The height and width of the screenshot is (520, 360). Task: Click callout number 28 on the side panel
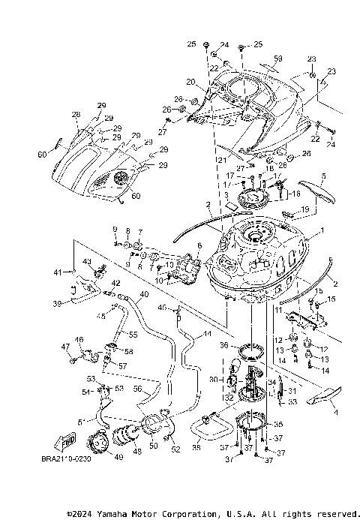75,114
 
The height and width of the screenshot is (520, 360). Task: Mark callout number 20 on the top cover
190,82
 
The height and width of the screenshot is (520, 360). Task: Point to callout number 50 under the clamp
154,446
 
